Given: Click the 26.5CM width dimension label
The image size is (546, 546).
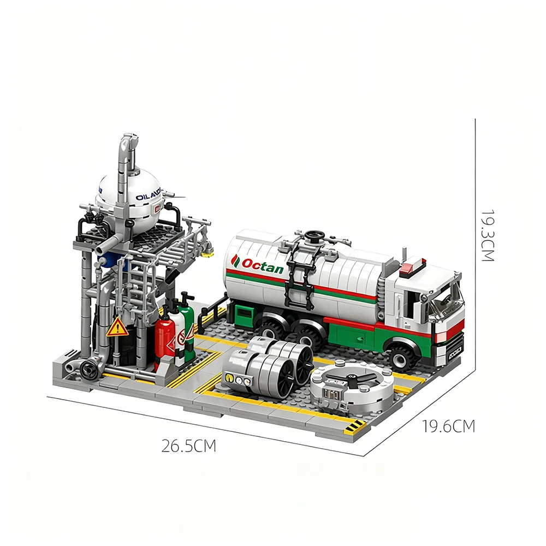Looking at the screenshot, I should coord(189,446).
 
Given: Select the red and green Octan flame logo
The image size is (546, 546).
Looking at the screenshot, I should coord(236,261).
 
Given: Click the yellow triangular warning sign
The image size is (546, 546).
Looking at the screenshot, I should coord(117,328).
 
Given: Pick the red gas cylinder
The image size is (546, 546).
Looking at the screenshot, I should coord(166,341).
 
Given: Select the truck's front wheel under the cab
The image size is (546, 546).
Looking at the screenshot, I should coord(405,354).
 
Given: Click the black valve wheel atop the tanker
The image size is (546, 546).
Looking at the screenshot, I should coord(313,236).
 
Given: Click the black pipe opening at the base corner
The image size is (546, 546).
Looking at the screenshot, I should coord(87,369).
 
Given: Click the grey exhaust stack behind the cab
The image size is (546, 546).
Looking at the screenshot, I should coord(404,257).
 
